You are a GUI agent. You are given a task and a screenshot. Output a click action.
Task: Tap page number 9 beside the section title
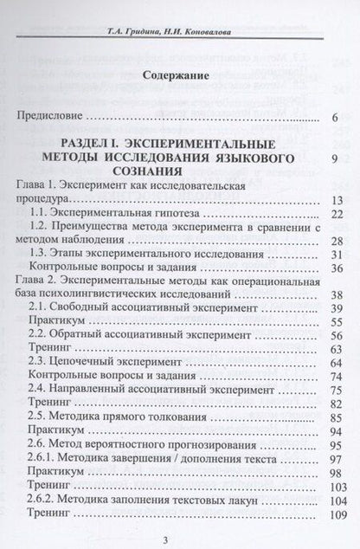(x=333, y=158)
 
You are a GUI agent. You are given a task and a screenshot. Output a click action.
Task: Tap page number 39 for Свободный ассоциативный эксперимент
(x=331, y=309)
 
